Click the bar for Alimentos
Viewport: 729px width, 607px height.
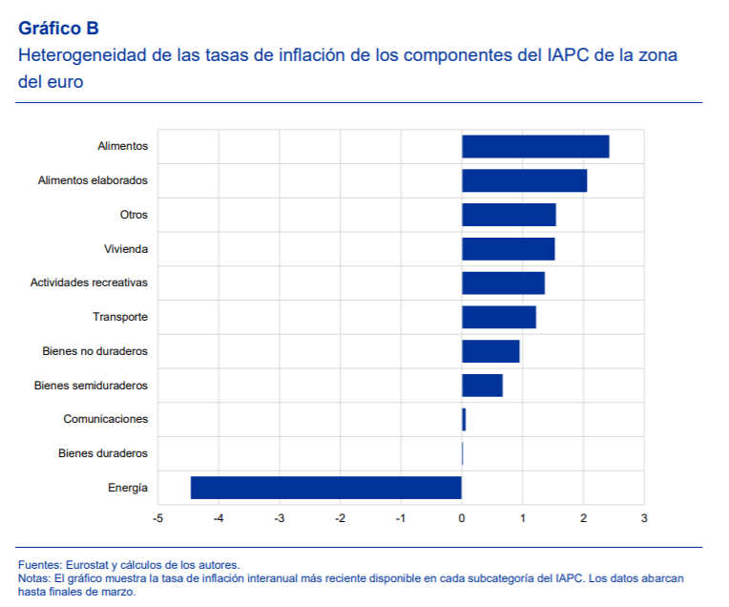pos(535,146)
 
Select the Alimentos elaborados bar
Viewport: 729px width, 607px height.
pos(524,180)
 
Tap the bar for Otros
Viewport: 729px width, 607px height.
pos(509,215)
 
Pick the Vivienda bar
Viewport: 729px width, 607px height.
pos(508,249)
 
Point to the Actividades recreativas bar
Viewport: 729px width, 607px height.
pos(503,283)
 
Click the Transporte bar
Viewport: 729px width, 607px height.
pos(498,317)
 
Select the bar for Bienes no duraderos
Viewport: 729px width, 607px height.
pos(490,351)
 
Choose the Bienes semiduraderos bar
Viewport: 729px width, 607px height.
pos(482,386)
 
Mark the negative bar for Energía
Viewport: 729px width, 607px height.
pos(325,487)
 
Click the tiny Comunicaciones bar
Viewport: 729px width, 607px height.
pos(464,419)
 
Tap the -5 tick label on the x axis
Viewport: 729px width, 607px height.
pos(157,518)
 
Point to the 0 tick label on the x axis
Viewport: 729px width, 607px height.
pos(462,518)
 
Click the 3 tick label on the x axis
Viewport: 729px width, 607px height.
pos(644,518)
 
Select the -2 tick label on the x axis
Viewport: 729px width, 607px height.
pos(340,518)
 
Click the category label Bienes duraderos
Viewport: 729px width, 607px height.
pos(103,453)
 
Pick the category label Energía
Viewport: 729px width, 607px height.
pos(128,488)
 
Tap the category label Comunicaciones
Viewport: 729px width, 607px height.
pos(106,419)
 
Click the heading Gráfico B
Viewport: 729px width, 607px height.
pos(58,29)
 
